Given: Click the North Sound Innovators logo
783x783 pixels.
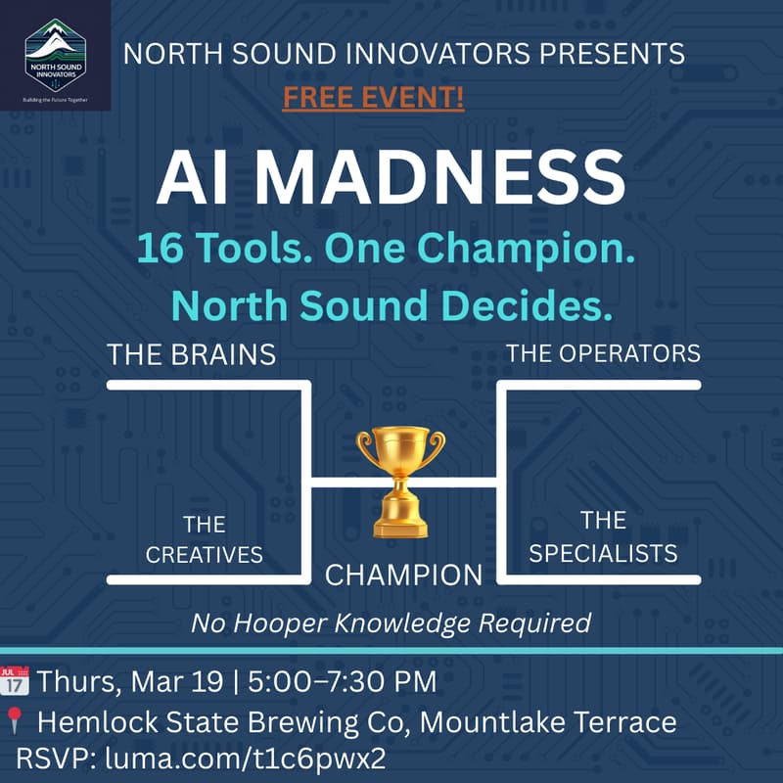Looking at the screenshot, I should coord(55,55).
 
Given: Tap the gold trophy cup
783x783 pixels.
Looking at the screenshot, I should coord(400,480).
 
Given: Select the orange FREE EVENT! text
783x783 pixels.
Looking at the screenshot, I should coord(373,99).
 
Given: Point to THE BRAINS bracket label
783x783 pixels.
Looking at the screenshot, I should coord(192,354).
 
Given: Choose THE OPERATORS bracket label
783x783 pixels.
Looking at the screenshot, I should coord(603,352).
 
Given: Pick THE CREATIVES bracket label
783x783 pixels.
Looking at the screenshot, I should coord(204,539).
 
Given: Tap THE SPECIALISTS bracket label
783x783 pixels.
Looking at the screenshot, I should coord(603,536).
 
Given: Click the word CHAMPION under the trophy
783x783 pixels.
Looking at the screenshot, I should coord(403,575).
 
